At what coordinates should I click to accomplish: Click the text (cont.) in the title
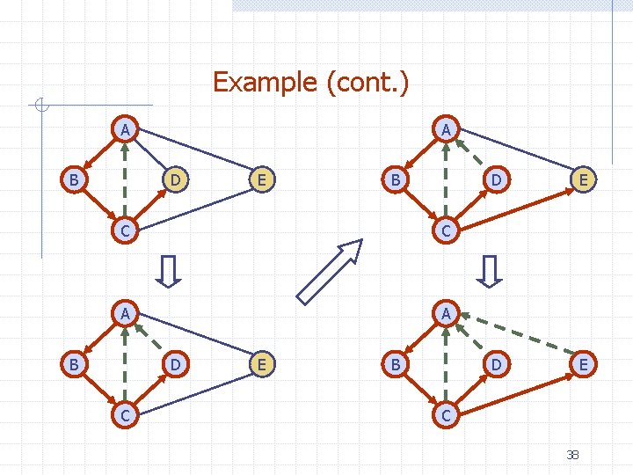pos(367,83)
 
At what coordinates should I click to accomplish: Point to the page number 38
pos(572,454)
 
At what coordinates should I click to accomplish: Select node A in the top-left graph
pos(126,130)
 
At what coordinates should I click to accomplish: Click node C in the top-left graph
pos(126,230)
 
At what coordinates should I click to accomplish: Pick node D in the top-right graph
pos(497,180)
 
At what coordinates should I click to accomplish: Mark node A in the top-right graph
pos(447,130)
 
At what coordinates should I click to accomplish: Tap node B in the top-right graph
pos(396,180)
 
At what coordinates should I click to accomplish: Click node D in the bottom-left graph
pos(176,362)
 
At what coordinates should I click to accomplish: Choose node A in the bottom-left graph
pos(126,312)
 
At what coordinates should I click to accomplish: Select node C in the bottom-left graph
pos(126,413)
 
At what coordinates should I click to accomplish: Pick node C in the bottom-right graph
pos(447,413)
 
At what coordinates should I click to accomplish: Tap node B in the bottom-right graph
pos(396,362)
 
